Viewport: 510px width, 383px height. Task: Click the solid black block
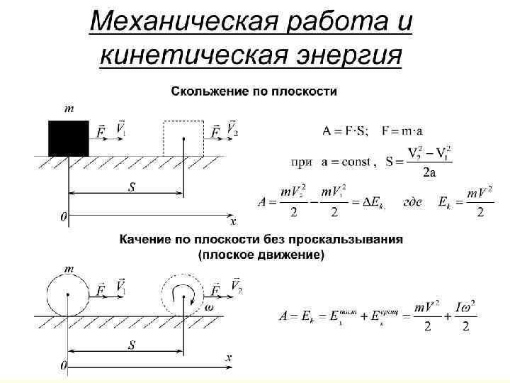coord(68,138)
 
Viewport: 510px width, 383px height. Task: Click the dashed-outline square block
coord(184,138)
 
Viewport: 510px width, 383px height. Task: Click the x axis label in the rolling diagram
coord(228,359)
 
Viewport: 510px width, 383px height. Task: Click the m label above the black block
coord(69,109)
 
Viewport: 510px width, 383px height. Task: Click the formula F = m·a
coord(403,131)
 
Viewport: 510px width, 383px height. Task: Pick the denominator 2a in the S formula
coord(429,172)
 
